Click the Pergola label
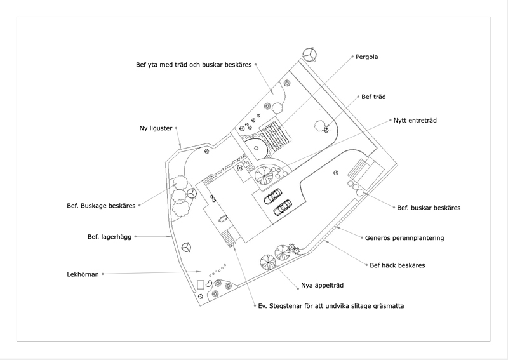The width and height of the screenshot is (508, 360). point(367,57)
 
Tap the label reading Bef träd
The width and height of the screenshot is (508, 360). point(373,97)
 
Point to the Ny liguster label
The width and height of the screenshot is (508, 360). point(156,128)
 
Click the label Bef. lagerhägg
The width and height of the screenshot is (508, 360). point(109,237)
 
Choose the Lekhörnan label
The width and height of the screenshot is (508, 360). point(83,274)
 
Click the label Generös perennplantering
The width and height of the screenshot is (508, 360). point(404,238)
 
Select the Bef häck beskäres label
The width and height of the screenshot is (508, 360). point(398,265)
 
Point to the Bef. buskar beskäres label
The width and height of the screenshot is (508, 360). point(429,208)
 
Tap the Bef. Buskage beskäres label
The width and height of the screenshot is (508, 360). point(101,206)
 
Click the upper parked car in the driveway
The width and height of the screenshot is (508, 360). point(273,196)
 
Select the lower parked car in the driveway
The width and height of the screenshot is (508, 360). point(283,208)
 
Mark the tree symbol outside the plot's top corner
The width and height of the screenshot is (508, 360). point(309,53)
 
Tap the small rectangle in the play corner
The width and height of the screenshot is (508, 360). point(201,285)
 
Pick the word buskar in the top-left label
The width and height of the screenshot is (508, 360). point(212,65)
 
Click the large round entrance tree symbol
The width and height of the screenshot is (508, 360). point(264,175)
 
